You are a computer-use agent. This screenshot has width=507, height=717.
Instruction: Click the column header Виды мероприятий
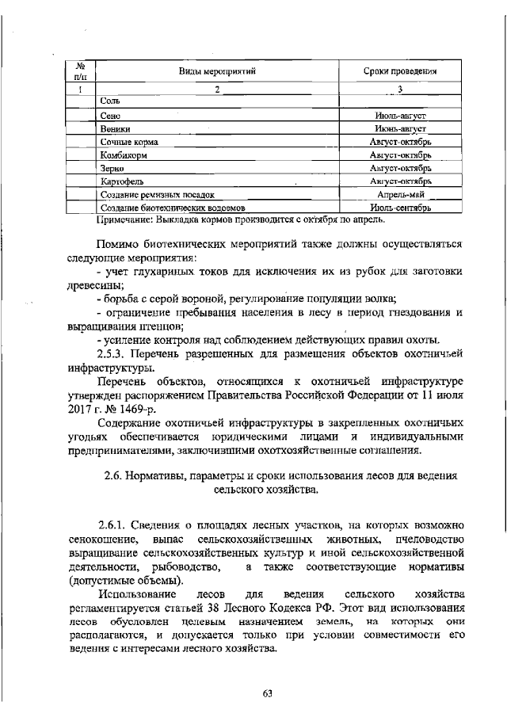(x=216, y=71)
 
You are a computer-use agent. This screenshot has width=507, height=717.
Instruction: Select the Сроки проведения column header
(x=401, y=71)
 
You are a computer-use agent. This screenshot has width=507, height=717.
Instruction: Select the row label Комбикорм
(x=124, y=155)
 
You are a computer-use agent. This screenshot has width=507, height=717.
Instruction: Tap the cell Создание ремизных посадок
(x=158, y=195)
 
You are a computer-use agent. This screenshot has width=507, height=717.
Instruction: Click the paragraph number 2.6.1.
(x=112, y=527)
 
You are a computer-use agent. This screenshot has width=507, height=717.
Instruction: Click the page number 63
(x=267, y=694)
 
